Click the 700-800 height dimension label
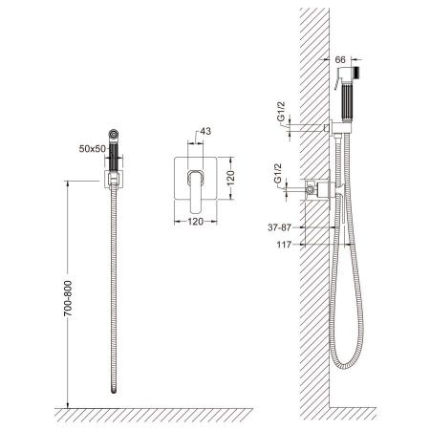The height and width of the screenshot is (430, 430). click(68, 298)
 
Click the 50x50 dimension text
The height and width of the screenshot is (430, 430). click(92, 149)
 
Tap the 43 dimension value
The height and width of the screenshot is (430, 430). click(205, 131)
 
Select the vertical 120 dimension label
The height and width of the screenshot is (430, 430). click(230, 178)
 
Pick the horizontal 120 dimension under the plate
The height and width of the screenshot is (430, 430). click(195, 221)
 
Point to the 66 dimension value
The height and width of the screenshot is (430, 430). click(340, 60)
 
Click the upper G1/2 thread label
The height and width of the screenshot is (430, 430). click(281, 111)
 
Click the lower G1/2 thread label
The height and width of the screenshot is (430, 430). click(278, 173)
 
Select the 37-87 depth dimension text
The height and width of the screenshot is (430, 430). click(279, 227)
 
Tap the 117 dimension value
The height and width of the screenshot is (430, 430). click(285, 245)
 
